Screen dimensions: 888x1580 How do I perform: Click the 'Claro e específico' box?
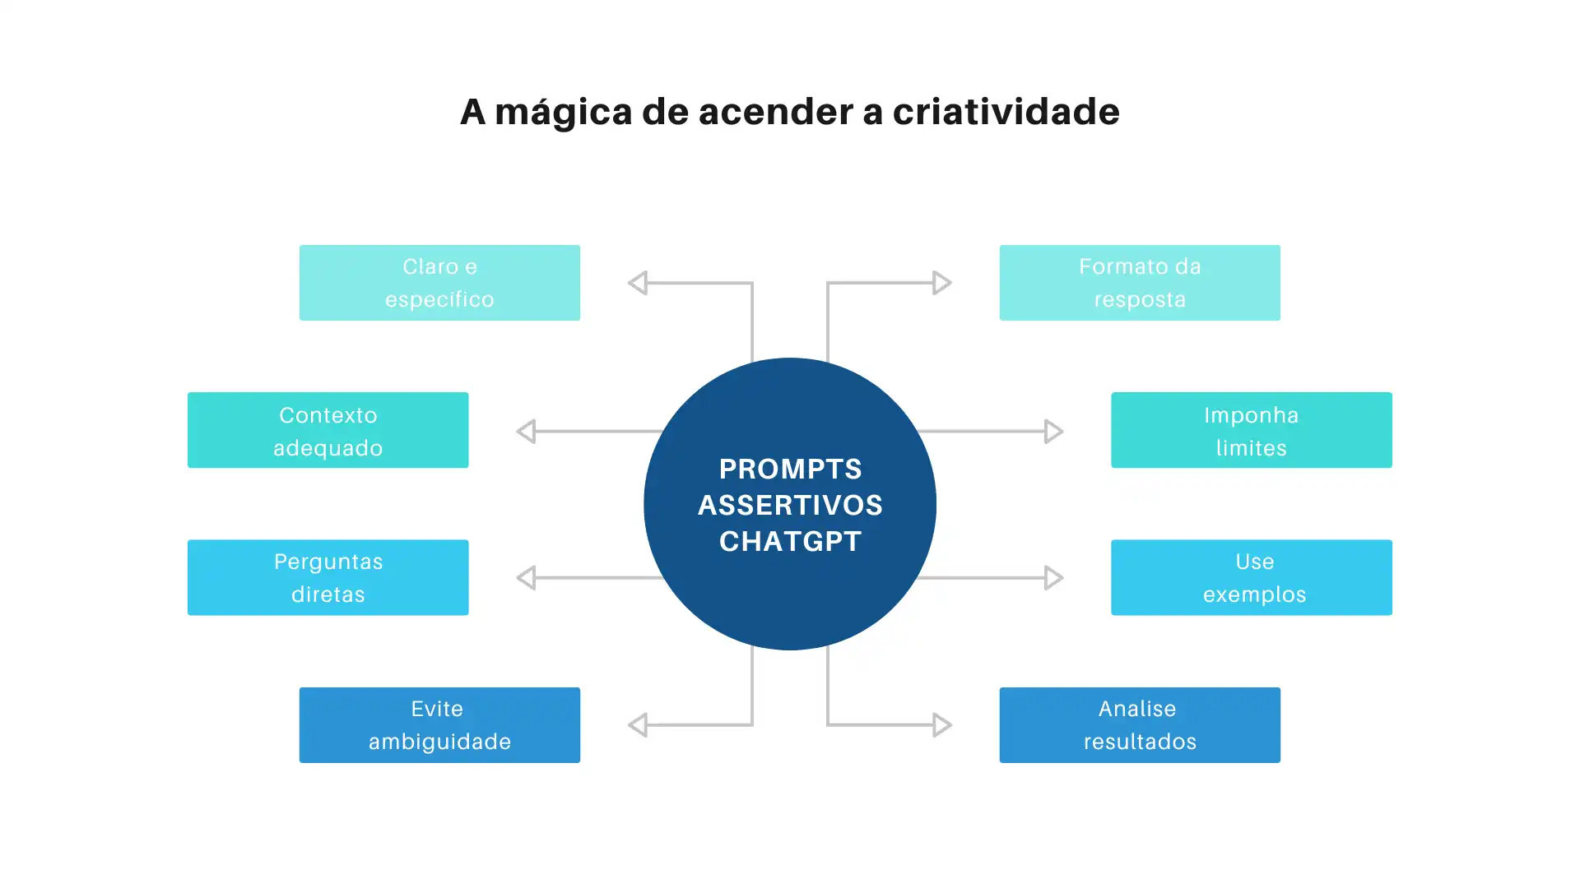(x=439, y=283)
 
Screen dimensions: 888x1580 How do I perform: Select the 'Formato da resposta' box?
(x=1140, y=283)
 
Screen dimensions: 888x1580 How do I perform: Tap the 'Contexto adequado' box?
(x=328, y=430)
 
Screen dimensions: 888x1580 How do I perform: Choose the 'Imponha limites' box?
(x=1251, y=430)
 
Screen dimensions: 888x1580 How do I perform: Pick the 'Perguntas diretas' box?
(x=328, y=577)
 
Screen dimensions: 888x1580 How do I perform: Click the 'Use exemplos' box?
(x=1251, y=577)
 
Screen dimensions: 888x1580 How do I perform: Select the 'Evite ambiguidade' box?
(x=439, y=725)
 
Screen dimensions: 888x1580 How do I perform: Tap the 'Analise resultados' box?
(x=1140, y=725)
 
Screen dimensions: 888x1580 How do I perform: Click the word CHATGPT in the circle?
(x=790, y=541)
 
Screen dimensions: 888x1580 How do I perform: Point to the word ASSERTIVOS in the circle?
(x=790, y=505)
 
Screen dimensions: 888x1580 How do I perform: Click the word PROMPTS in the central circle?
(x=790, y=469)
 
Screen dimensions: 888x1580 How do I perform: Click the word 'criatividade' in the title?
(x=1006, y=112)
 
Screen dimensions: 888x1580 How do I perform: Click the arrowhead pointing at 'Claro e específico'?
(x=638, y=283)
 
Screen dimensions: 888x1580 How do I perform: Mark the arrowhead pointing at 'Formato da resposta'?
(x=941, y=283)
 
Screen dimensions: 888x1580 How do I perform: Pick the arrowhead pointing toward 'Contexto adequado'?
(x=527, y=431)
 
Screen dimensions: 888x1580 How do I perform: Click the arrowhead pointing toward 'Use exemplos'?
(x=1053, y=577)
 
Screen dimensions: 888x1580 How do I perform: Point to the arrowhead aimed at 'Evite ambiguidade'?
(x=638, y=725)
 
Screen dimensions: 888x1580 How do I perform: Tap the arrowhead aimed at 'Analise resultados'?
(x=941, y=725)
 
